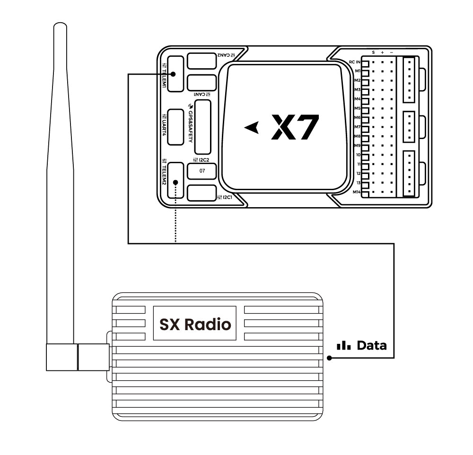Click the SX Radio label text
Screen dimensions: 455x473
point(195,324)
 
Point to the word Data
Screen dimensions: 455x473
point(372,345)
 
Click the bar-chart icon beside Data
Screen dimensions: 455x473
point(344,346)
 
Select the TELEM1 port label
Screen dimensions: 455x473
point(164,75)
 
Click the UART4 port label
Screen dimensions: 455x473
point(164,125)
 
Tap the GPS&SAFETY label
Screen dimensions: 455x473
point(191,123)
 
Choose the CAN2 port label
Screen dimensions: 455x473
point(226,55)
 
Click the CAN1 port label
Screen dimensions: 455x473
point(202,95)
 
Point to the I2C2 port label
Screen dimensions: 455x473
point(201,159)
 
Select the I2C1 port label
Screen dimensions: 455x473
point(225,197)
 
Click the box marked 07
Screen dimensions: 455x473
point(202,171)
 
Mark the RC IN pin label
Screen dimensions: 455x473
point(355,62)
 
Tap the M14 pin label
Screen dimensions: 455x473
point(357,192)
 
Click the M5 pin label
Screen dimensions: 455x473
point(358,108)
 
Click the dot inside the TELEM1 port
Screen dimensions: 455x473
point(174,74)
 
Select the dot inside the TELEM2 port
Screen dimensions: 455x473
point(175,183)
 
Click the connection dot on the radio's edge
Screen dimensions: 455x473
point(329,358)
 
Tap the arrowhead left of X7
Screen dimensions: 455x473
point(252,128)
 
